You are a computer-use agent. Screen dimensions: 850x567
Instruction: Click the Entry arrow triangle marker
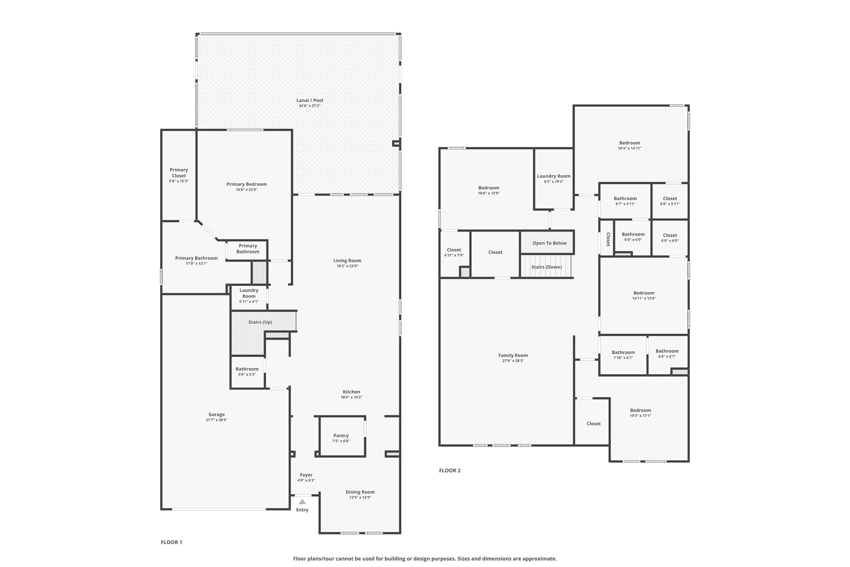click(x=302, y=502)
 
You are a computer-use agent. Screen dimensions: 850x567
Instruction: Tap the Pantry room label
click(x=341, y=436)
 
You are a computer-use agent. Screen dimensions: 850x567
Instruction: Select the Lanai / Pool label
click(x=310, y=100)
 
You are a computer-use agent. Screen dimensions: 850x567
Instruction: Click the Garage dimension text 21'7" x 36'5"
click(x=217, y=420)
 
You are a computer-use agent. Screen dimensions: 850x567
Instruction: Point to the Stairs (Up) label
click(x=260, y=322)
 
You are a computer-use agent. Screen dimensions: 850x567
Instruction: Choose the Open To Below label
click(x=550, y=243)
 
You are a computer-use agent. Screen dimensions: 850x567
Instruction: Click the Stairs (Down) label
click(x=547, y=267)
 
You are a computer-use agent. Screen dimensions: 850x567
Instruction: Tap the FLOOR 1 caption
click(x=171, y=542)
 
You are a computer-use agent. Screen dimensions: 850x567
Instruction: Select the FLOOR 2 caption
click(x=450, y=471)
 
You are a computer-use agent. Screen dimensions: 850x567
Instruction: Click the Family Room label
click(x=513, y=355)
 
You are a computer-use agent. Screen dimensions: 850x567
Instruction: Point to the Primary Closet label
click(x=179, y=173)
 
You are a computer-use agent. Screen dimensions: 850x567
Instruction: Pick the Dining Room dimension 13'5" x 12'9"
click(x=360, y=498)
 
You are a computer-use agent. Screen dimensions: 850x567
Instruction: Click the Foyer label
click(x=306, y=475)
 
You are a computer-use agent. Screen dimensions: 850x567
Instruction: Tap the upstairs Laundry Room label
click(x=554, y=176)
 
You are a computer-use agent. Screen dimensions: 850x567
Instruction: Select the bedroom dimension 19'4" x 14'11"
click(x=630, y=148)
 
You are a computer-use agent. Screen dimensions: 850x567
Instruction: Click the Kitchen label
click(x=352, y=392)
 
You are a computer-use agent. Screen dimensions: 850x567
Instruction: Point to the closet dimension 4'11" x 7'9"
click(x=454, y=255)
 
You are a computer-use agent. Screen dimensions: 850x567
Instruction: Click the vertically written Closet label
click(x=608, y=239)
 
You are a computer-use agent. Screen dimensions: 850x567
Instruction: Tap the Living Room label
click(x=347, y=260)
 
